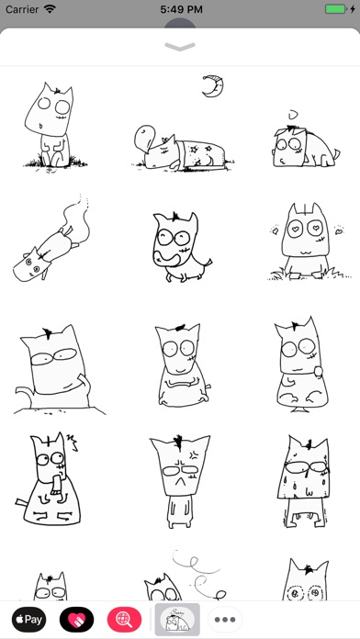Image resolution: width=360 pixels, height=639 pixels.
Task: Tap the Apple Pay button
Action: [28, 620]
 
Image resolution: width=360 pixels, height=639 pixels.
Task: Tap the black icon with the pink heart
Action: [76, 620]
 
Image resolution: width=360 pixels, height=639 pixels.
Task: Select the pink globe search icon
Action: [124, 620]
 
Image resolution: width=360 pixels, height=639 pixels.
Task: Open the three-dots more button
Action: [225, 620]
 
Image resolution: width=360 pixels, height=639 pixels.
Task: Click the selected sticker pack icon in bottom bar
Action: [177, 620]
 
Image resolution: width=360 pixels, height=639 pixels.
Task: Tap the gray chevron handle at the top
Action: [180, 47]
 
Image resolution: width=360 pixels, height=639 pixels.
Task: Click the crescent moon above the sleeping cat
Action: [213, 86]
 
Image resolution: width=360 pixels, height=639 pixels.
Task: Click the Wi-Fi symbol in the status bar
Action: [51, 9]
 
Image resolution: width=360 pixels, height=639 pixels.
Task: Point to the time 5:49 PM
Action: [181, 9]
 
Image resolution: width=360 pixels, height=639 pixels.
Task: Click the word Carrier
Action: [23, 9]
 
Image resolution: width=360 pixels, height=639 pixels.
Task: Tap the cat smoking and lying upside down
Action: [51, 240]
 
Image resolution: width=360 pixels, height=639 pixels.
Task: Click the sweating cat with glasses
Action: [304, 481]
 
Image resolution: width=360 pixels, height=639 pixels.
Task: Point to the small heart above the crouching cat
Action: [293, 116]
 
